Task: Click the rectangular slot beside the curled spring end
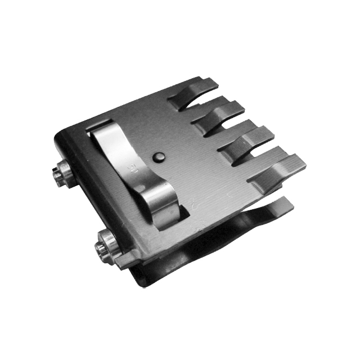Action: click(x=183, y=213)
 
